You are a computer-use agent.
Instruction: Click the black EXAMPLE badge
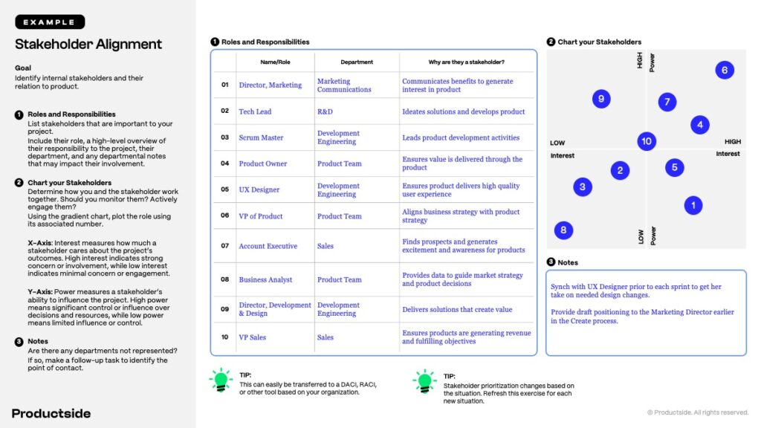(50, 22)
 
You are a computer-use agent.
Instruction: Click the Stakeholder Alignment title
(88, 45)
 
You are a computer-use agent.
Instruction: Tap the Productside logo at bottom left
(51, 413)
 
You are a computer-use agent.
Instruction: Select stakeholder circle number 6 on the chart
(725, 71)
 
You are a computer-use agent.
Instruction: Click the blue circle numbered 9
(601, 99)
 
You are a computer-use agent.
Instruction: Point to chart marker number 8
(563, 230)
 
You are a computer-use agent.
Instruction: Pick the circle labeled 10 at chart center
(647, 141)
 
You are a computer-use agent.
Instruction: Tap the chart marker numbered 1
(693, 205)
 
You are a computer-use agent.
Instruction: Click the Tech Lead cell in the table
(255, 111)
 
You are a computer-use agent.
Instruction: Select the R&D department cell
(325, 111)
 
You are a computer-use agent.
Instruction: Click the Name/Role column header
(275, 62)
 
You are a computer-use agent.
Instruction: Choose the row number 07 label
(224, 246)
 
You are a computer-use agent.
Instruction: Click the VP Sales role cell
(252, 337)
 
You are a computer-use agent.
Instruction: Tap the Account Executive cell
(268, 246)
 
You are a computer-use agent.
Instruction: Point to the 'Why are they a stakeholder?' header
(466, 62)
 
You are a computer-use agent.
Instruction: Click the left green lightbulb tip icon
(221, 380)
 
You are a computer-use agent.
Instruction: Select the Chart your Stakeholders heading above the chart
(599, 42)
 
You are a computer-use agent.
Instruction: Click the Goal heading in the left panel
(23, 68)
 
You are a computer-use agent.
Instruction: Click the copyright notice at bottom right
(698, 412)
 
